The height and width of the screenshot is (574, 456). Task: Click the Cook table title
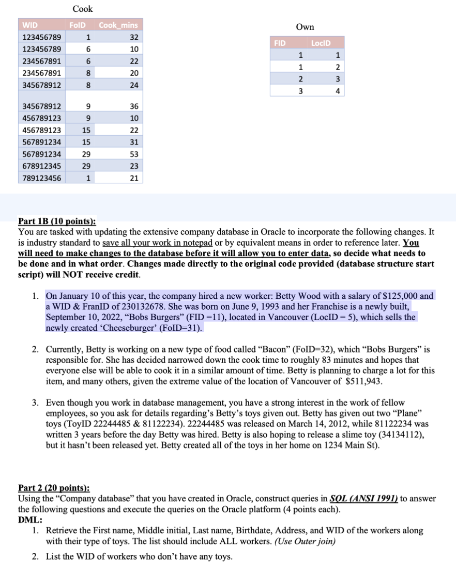[83, 9]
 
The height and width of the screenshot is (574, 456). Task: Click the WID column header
[30, 25]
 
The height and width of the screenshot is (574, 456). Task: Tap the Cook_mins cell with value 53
[134, 154]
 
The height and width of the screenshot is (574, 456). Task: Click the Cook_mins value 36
[134, 106]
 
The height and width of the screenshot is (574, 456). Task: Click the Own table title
[305, 27]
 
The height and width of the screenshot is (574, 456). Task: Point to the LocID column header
[320, 43]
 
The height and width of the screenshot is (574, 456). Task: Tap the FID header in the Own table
[278, 43]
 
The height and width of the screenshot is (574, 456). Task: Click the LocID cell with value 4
[338, 91]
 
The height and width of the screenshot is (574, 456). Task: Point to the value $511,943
[362, 381]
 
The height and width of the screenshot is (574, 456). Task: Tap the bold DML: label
[30, 520]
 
